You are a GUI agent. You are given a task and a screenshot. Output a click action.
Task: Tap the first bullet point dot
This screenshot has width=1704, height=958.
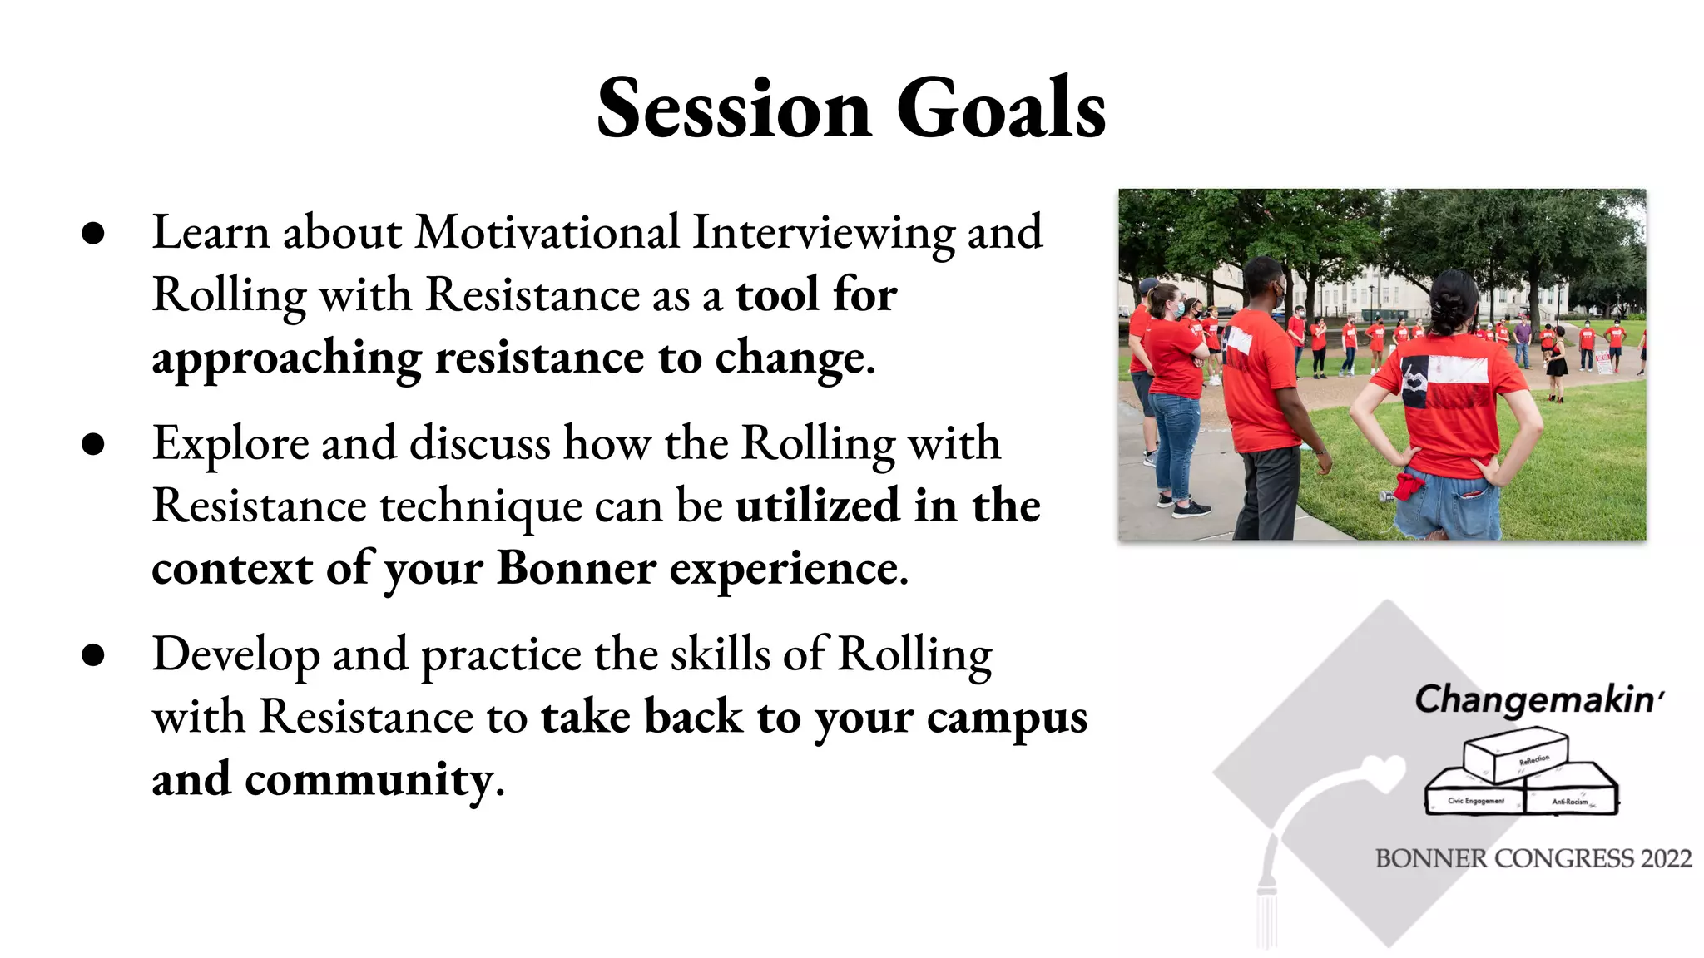tap(93, 233)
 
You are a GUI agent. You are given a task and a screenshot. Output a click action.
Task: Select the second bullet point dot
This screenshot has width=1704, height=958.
tap(93, 444)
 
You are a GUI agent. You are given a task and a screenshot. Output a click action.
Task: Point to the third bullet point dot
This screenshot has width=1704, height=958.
tap(93, 655)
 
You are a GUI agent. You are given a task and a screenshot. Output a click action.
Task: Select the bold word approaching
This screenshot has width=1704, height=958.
tap(286, 358)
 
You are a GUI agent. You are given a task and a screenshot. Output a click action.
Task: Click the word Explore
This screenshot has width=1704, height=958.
tap(230, 444)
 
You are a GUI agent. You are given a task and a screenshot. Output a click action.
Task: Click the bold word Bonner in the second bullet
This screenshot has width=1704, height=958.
tap(576, 569)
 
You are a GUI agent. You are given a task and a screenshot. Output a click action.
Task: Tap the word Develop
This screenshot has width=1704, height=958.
tap(235, 655)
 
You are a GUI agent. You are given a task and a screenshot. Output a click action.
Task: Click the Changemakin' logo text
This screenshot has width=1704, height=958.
tap(1538, 699)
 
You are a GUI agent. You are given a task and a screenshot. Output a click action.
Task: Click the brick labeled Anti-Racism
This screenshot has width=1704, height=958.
tap(1571, 798)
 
